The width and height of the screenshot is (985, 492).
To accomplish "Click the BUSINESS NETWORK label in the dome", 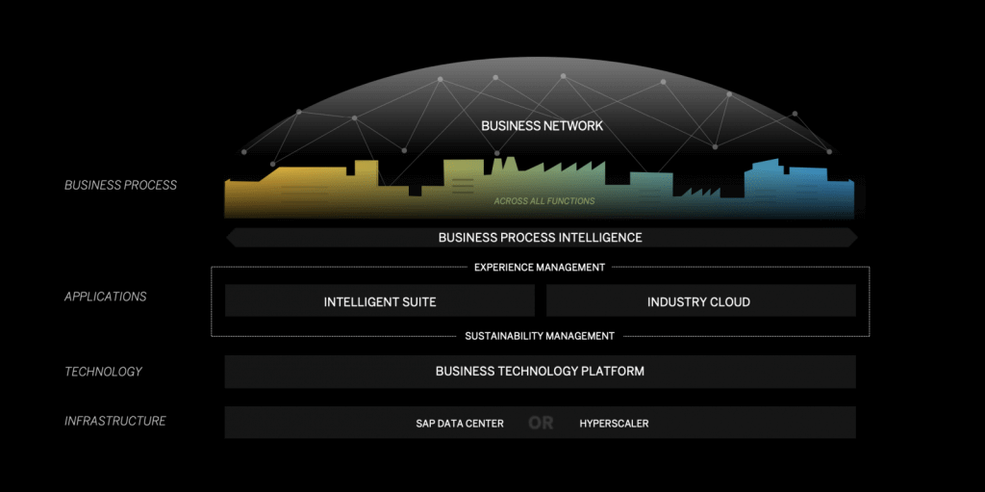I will pos(542,125).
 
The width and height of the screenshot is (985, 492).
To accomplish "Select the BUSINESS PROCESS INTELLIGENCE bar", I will pos(540,237).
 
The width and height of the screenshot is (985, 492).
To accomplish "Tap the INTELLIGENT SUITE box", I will pos(379,301).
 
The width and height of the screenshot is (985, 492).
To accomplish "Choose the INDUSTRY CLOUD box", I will pos(698,301).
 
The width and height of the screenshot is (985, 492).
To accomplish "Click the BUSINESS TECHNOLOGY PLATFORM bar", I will pos(540,371).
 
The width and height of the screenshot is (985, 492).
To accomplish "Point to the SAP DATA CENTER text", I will pos(459,424).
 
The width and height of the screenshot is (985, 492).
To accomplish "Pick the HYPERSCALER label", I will pos(614,424).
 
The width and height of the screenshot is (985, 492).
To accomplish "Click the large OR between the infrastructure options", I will pos(541,424).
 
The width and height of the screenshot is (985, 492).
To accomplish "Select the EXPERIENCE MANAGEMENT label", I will pos(540,267).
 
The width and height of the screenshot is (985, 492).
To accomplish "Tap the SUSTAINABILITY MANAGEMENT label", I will pos(540,336).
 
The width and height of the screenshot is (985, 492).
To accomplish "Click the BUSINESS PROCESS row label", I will pos(120,185).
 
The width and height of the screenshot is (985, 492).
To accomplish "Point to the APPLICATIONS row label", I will pos(105,297).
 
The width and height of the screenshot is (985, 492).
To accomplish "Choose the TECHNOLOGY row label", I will pos(103,372).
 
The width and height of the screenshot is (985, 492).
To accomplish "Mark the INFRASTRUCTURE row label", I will pos(114,421).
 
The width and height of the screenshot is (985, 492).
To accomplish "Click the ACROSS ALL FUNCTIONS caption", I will pos(543,201).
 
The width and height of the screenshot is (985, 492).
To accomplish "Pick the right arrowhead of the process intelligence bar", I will pos(851,237).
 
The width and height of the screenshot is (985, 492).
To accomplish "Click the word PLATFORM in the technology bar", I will pos(612,371).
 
